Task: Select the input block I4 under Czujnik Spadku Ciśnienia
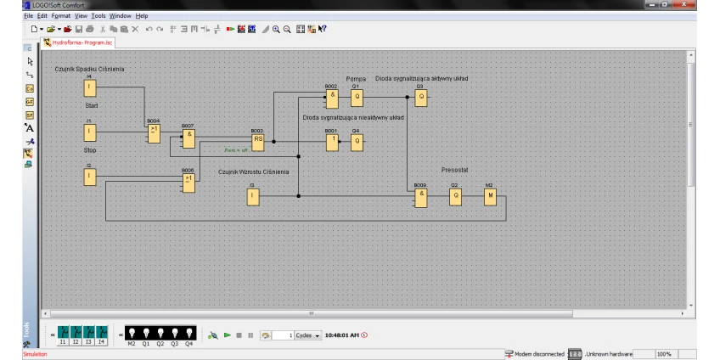coord(89,88)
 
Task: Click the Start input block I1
coord(89,132)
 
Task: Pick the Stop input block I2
coord(89,176)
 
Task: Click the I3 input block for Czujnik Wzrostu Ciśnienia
coord(253,195)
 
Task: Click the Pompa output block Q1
coord(357,96)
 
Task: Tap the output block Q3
coord(420,96)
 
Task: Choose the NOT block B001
coord(332,140)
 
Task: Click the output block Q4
coord(357,140)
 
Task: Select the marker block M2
coord(489,195)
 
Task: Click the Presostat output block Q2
coord(455,195)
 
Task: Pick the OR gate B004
coord(154,132)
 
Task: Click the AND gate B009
coord(420,195)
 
